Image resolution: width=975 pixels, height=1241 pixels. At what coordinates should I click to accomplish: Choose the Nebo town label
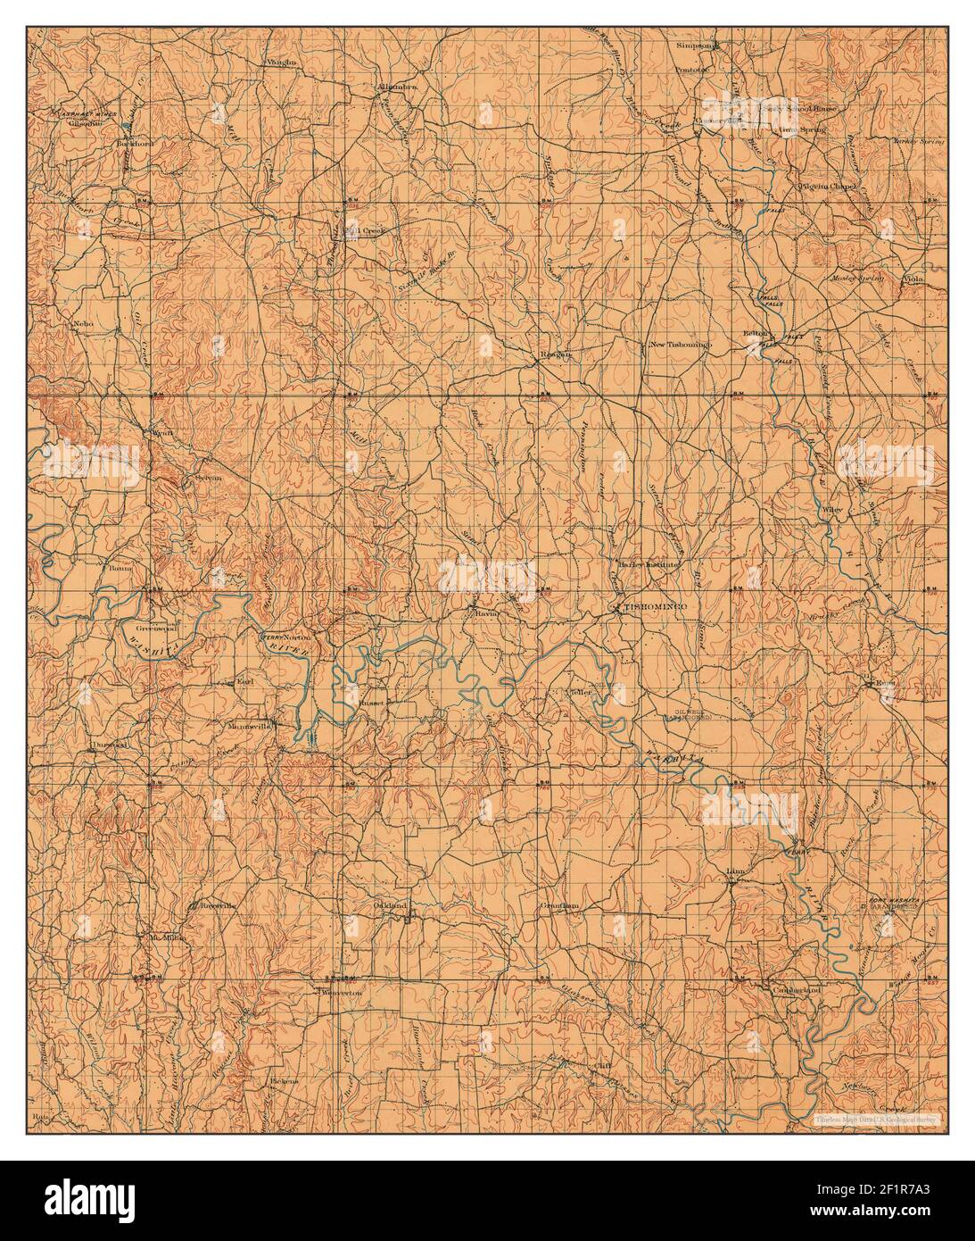(x=84, y=323)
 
